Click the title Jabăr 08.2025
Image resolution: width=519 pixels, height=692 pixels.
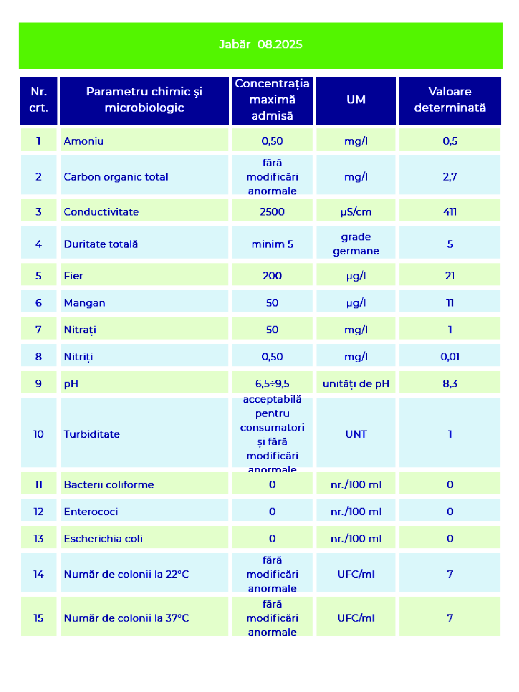pos(260,45)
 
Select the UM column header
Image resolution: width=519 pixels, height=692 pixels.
pos(356,100)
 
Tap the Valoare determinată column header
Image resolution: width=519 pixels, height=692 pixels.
pos(450,100)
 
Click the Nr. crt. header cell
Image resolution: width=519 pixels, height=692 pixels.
pos(39,100)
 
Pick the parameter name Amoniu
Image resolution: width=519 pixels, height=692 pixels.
pos(84,141)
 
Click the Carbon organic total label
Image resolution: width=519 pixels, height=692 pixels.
pos(116,177)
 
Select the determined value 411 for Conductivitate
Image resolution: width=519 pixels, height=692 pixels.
pos(450,212)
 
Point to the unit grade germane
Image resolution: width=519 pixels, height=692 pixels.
pos(356,244)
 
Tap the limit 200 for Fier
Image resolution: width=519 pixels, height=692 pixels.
pos(272,276)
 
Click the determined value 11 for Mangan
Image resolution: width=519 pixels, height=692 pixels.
pos(450,303)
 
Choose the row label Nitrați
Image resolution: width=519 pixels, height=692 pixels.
pos(80,329)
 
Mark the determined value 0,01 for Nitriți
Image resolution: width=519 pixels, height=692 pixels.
pos(450,357)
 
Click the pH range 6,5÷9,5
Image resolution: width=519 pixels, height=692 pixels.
pos(272,384)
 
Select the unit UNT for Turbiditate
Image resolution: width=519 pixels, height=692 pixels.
pos(356,434)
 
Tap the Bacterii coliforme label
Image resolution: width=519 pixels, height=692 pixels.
pos(109,485)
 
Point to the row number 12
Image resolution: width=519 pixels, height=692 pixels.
pos(38,511)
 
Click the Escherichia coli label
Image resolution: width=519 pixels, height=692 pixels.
pos(103,539)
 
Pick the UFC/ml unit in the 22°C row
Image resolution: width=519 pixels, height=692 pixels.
pos(356,574)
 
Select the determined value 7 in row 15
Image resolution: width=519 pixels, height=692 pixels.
pos(450,618)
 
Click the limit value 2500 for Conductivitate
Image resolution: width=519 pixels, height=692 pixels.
pos(272,212)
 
